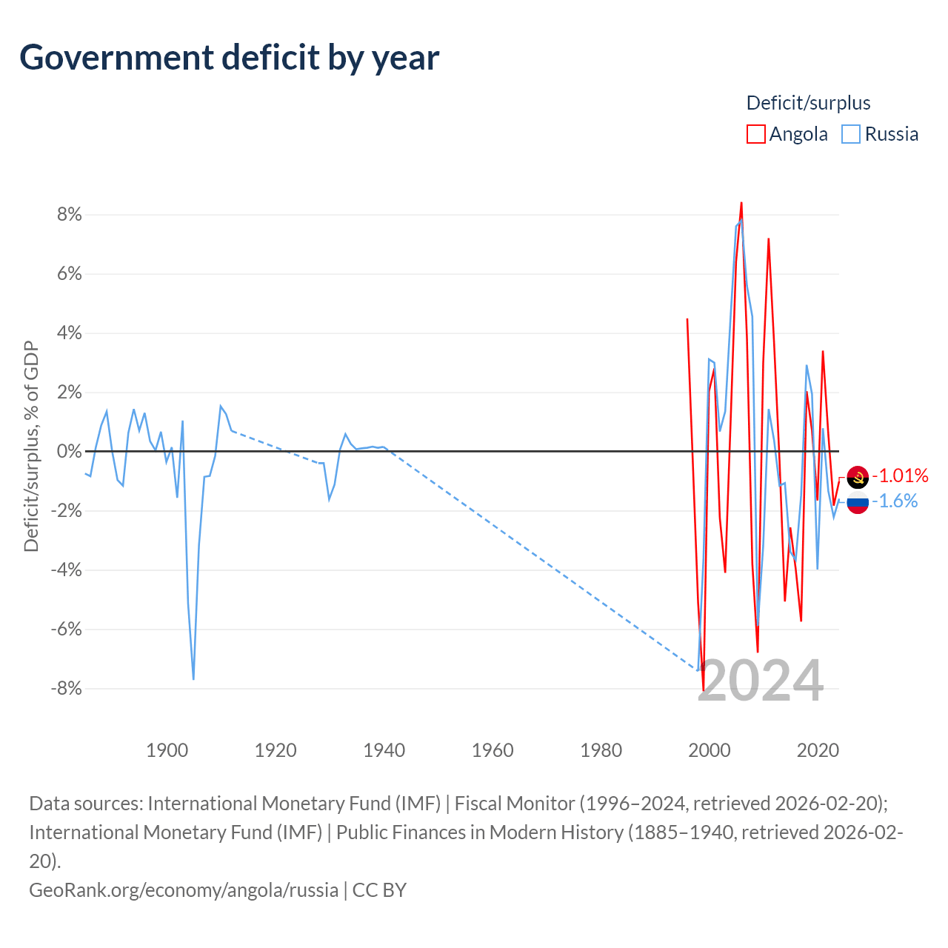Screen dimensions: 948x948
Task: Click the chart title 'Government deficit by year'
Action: (x=230, y=58)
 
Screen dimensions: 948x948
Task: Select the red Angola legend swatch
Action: (x=755, y=134)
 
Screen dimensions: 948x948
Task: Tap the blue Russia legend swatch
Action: (x=851, y=134)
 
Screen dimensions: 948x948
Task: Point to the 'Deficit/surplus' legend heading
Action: (x=808, y=103)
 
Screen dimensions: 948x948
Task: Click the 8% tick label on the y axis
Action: (x=68, y=215)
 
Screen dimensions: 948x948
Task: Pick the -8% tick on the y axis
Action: (x=66, y=689)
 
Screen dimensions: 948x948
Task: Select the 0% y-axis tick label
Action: (x=68, y=452)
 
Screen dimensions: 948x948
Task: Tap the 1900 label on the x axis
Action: (x=167, y=750)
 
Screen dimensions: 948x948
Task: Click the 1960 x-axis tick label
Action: (x=493, y=750)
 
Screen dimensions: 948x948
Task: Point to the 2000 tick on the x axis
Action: (x=710, y=750)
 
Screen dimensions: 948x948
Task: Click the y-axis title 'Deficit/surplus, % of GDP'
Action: (x=31, y=446)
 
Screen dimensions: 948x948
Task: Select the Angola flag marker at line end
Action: (x=858, y=478)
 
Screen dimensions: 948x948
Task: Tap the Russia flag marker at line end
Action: (x=858, y=503)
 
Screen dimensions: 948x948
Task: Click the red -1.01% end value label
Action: (x=900, y=475)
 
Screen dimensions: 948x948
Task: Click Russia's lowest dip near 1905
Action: (x=193, y=678)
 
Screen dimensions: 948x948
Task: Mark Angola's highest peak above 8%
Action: (x=741, y=203)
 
